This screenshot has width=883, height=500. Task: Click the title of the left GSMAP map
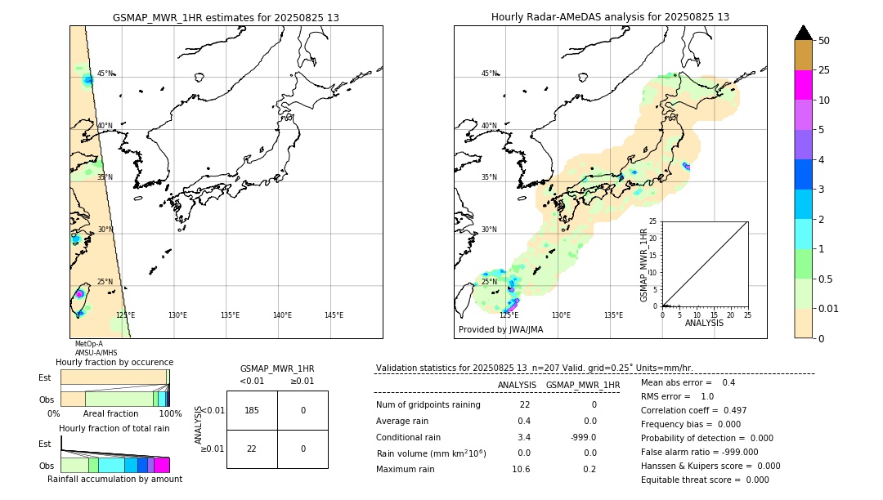pos(226,17)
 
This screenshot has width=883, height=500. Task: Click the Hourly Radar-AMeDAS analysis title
pos(610,17)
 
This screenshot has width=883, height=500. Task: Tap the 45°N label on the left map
pos(105,74)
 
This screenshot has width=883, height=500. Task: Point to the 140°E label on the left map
pos(282,315)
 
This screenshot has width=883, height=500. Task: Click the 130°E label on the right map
pos(561,315)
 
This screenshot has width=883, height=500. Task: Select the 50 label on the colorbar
pos(824,41)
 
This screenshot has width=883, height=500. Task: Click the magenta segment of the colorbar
pos(803,85)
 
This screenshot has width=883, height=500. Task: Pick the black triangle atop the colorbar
pos(803,33)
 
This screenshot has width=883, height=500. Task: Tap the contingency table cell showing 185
pos(252,410)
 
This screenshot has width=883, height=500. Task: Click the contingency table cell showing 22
pos(252,449)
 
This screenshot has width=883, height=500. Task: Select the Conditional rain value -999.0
pos(583,437)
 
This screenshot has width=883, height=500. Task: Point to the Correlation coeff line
pos(693,410)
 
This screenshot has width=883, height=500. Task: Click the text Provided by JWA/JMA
pos(500,330)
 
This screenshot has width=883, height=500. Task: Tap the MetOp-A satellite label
pos(88,345)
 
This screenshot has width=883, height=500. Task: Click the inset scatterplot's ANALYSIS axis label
pos(705,323)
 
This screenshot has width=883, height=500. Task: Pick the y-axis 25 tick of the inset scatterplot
pos(653,221)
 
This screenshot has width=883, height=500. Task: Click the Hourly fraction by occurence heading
pos(114,362)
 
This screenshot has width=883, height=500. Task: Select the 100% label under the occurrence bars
pos(170,414)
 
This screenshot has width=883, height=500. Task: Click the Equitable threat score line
pos(705,480)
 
